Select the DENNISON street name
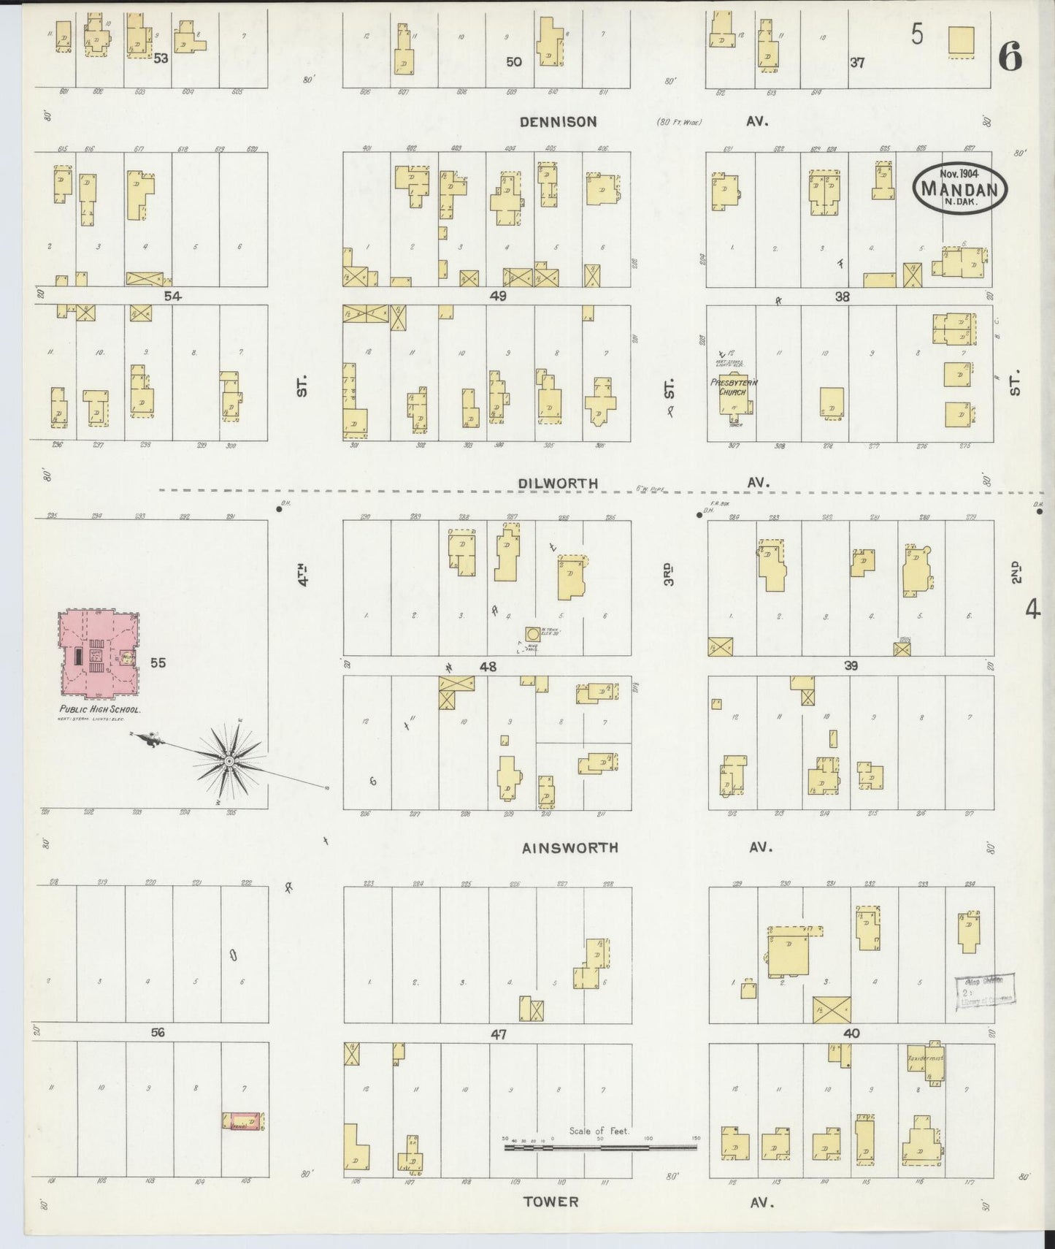coord(558,122)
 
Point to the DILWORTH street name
coord(558,484)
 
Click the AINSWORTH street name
coord(570,848)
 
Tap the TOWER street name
coord(551,1202)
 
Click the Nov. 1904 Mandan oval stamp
coord(959,187)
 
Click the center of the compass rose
coord(229,761)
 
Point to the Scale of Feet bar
coord(600,1147)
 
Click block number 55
coord(158,662)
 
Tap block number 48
coord(488,666)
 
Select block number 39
coord(850,665)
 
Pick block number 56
coord(158,1032)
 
